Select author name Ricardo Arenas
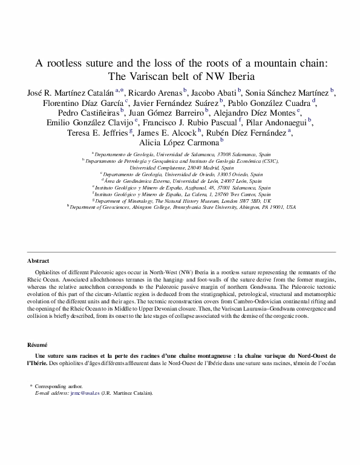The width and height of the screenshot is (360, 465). pyautogui.click(x=155, y=92)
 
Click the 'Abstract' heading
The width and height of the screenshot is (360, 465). pyautogui.click(x=38, y=261)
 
